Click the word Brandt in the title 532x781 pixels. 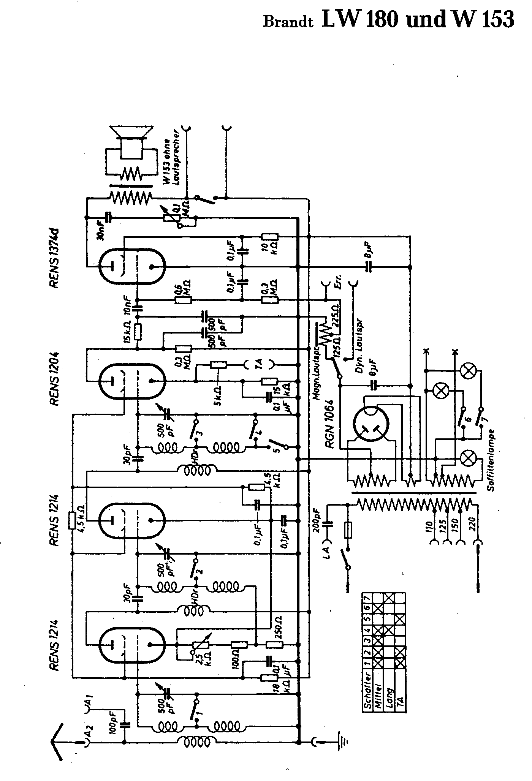click(288, 22)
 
